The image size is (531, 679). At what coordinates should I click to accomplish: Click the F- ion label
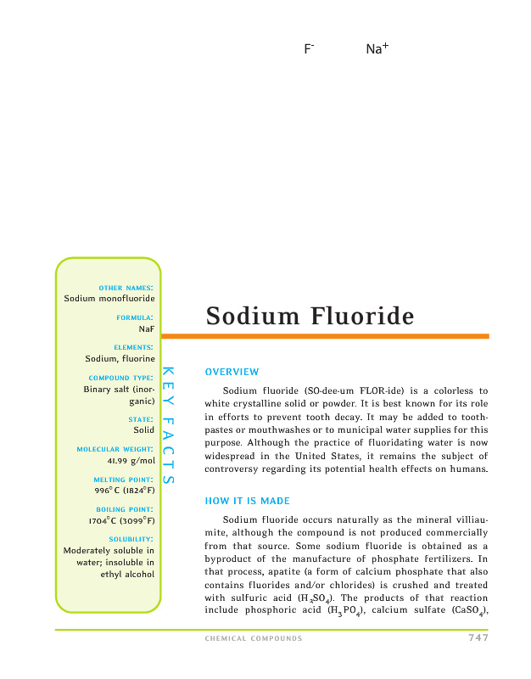tap(309, 49)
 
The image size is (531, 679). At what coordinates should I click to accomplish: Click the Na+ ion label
tap(377, 49)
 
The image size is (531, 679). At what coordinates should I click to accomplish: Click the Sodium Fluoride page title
tap(310, 317)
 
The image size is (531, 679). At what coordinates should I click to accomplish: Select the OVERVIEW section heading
tap(232, 372)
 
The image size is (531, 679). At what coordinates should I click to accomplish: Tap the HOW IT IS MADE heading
tap(247, 501)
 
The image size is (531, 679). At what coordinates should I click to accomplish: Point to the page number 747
tap(478, 638)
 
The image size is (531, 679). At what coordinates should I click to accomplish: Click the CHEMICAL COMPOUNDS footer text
tap(254, 639)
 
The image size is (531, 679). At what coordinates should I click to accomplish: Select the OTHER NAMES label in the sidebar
tap(126, 288)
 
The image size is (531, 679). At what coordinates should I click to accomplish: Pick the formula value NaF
tap(146, 328)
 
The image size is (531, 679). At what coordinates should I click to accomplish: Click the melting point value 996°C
tap(124, 490)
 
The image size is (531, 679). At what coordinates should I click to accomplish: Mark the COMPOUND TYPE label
tap(120, 378)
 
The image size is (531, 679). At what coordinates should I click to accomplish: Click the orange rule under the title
tap(347, 336)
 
